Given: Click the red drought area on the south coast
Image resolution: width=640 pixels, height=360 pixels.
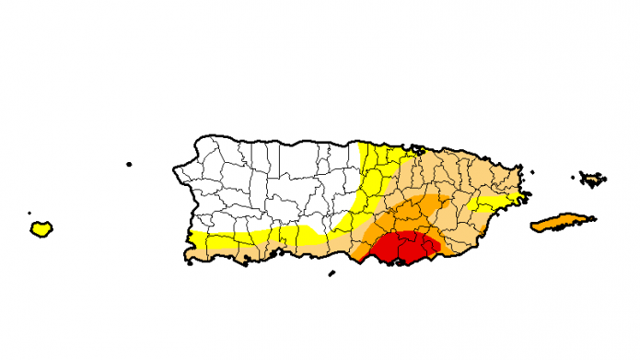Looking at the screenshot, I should pos(403,247).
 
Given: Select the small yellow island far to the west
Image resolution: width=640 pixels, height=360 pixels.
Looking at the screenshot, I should pos(41,228).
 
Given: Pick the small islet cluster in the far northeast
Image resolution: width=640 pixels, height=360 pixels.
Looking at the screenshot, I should pos(591,178).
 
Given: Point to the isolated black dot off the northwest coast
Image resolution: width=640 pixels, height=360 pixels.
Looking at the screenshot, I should pos(129,164).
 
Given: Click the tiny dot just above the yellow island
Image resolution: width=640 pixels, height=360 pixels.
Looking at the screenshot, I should pos(30,213).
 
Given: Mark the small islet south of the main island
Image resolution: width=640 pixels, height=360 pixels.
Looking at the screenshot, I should pos(332,273).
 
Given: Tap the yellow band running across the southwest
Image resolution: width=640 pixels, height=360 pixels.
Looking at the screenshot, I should pos(267,238).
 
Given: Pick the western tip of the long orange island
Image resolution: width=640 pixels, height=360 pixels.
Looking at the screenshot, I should pos(531,226).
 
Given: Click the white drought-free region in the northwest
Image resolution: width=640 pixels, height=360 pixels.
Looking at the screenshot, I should pos(267,184).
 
